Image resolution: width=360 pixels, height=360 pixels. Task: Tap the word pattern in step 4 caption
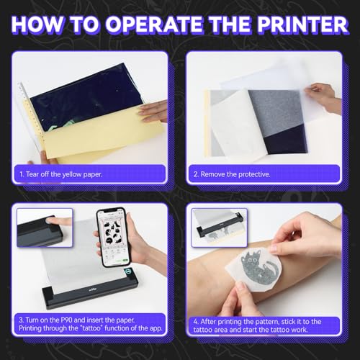(268, 319)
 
